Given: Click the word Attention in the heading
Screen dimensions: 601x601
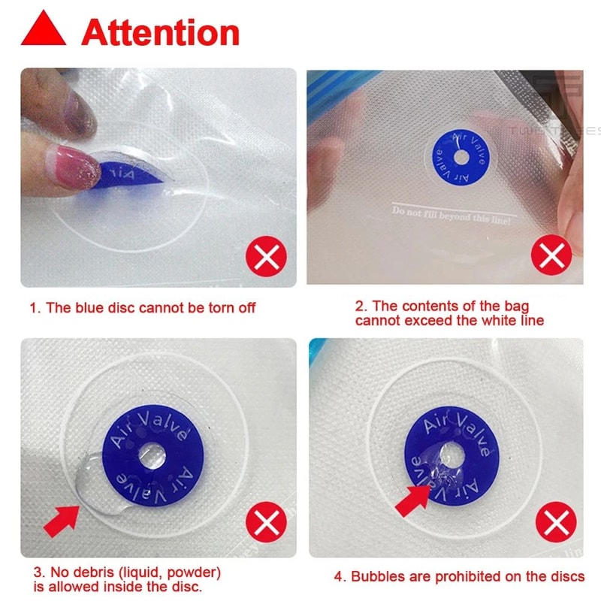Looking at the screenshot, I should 161,33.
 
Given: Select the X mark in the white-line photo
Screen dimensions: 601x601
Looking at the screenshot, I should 551,258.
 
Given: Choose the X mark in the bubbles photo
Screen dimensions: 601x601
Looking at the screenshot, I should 556,522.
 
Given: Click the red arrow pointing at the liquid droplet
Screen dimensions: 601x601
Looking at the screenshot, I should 62,519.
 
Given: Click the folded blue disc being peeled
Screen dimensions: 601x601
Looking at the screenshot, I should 128,175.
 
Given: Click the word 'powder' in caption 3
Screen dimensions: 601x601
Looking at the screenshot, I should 195,570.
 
